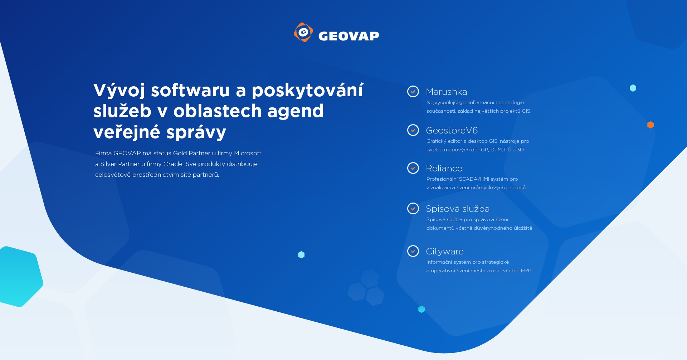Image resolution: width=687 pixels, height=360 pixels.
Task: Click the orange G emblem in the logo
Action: [303, 32]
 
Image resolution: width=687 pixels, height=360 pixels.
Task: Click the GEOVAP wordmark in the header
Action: [349, 36]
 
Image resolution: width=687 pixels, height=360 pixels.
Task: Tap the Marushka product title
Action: [446, 92]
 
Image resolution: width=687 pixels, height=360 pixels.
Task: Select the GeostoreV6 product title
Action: [452, 131]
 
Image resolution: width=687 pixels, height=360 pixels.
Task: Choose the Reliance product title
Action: [444, 169]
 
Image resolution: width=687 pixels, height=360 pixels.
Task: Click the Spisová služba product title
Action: [458, 209]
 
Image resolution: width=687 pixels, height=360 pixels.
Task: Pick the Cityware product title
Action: [445, 252]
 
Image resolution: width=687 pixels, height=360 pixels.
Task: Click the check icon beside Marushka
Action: [413, 92]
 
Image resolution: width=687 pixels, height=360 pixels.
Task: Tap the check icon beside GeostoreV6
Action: [413, 130]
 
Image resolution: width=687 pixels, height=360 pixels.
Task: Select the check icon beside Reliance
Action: [413, 168]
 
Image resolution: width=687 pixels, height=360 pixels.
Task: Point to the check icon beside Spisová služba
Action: [413, 209]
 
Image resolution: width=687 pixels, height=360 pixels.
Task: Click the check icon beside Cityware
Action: [413, 251]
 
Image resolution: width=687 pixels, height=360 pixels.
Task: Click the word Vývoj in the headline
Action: [119, 90]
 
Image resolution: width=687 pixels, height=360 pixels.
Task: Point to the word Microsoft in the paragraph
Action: [248, 154]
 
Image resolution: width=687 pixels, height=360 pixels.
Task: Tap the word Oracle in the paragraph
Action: [173, 164]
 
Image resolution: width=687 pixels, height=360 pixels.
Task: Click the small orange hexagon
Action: [651, 125]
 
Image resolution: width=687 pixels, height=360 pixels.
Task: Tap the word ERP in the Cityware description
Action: [526, 271]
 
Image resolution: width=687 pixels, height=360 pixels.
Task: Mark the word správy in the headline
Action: [196, 132]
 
